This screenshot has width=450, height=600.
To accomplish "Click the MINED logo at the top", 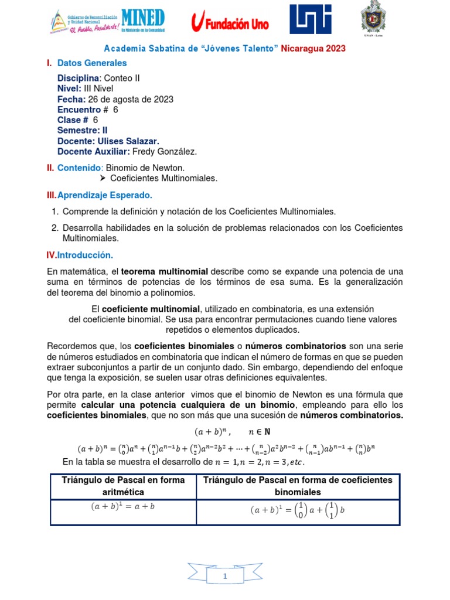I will pyautogui.click(x=144, y=21).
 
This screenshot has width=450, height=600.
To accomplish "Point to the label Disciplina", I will pyautogui.click(x=79, y=78).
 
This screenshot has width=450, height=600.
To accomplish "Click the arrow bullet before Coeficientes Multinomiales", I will pyautogui.click(x=103, y=178).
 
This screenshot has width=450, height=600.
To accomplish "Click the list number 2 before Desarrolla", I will pyautogui.click(x=54, y=227).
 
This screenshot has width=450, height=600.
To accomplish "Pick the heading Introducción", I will pyautogui.click(x=85, y=255).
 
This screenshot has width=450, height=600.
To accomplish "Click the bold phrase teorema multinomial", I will pyautogui.click(x=165, y=272).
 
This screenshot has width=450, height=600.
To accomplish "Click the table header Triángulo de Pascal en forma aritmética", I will pyautogui.click(x=123, y=485).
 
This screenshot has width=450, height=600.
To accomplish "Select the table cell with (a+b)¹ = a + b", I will pyautogui.click(x=123, y=507).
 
